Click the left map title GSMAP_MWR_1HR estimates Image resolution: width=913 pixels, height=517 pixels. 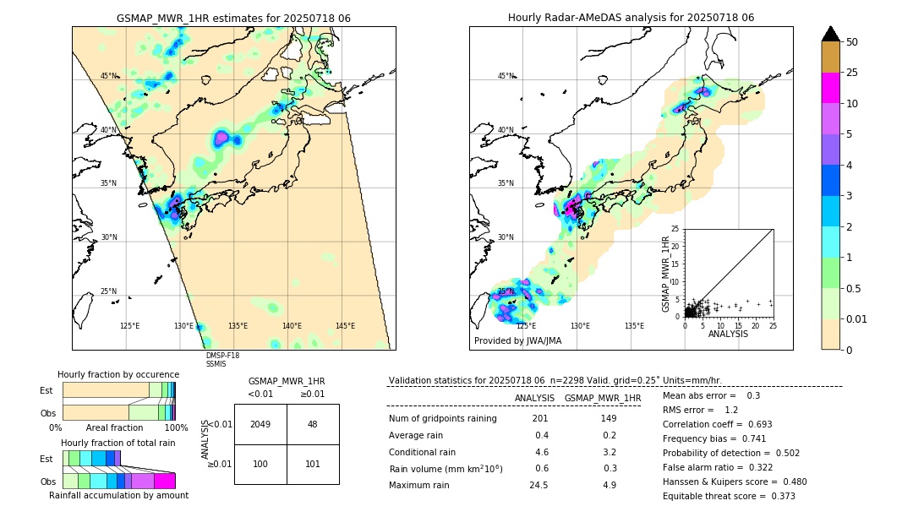click(233, 18)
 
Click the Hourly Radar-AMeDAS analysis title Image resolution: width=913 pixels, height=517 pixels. click(631, 18)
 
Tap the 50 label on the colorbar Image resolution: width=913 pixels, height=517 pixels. click(852, 42)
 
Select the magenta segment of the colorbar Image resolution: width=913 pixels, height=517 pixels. click(831, 88)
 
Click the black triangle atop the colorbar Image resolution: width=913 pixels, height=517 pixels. click(831, 34)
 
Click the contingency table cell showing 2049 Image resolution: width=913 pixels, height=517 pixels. click(260, 424)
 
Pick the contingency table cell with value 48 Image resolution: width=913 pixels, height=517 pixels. click(313, 424)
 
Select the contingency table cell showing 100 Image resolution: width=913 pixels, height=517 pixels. click(260, 464)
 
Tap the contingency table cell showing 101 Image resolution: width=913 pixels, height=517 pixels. click(313, 464)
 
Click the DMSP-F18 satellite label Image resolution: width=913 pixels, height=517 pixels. click(222, 356)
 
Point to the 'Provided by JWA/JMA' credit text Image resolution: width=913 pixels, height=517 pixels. click(517, 341)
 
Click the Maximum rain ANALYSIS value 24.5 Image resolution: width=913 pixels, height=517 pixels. click(539, 485)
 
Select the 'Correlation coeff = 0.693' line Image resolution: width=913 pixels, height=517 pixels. click(717, 424)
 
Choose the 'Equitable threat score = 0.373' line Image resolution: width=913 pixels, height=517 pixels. click(729, 496)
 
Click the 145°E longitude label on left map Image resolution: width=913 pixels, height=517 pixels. click(345, 326)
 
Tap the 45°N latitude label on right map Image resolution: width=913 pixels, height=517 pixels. click(506, 76)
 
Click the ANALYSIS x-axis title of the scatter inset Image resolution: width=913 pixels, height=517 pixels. click(728, 334)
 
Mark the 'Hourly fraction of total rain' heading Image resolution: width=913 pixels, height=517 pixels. click(118, 443)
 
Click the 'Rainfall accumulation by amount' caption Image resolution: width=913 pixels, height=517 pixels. click(118, 495)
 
